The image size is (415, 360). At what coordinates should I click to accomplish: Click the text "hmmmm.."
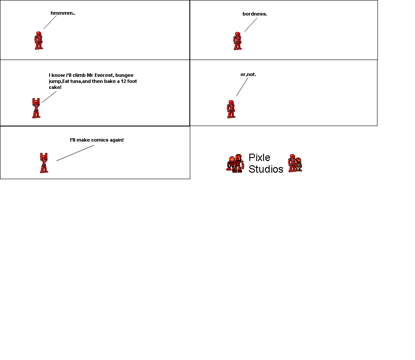tap(63, 13)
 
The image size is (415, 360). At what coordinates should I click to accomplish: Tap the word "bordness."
tap(255, 14)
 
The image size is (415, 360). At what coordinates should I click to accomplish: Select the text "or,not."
tap(248, 74)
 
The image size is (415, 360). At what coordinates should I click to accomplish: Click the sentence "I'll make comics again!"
tap(97, 140)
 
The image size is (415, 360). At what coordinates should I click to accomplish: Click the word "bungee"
tap(127, 76)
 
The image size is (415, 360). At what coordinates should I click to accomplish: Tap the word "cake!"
tap(55, 87)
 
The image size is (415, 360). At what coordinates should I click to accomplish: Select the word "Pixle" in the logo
tap(259, 158)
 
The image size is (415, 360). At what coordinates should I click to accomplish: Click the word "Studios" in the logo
tap(266, 169)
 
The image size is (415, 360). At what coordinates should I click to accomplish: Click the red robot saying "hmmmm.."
tap(39, 40)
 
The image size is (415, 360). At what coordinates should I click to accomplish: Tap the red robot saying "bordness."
tap(238, 41)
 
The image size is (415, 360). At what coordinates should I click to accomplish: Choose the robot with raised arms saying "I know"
tap(36, 108)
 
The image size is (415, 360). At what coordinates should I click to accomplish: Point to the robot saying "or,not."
tap(231, 109)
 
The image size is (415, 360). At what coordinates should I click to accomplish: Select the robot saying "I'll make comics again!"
tap(44, 163)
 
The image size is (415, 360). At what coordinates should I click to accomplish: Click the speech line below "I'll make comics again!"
tap(75, 153)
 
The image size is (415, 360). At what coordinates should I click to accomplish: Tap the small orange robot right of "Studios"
tap(299, 164)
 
